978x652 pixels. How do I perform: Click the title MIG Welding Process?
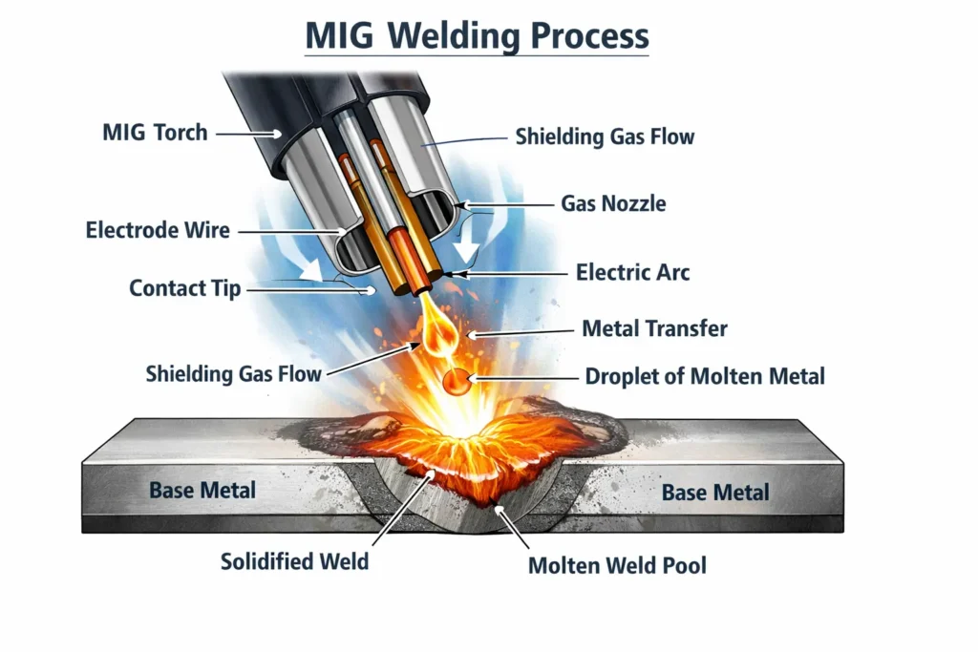point(477,36)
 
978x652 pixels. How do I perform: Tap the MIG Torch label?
point(155,133)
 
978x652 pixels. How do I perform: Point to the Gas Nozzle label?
point(613,203)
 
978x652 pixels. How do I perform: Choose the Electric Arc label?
point(632,272)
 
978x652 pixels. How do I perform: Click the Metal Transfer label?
point(654,329)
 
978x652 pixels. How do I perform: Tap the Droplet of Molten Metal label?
point(704,376)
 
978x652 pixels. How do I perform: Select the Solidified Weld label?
point(294,561)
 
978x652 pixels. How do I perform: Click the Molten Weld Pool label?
point(617,565)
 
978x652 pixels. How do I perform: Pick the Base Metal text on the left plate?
point(202,491)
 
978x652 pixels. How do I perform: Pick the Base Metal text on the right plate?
point(715,493)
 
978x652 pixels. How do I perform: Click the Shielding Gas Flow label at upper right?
point(605,137)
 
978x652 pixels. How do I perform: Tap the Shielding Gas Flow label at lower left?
point(234,373)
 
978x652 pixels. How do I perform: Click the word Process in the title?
point(590,36)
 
